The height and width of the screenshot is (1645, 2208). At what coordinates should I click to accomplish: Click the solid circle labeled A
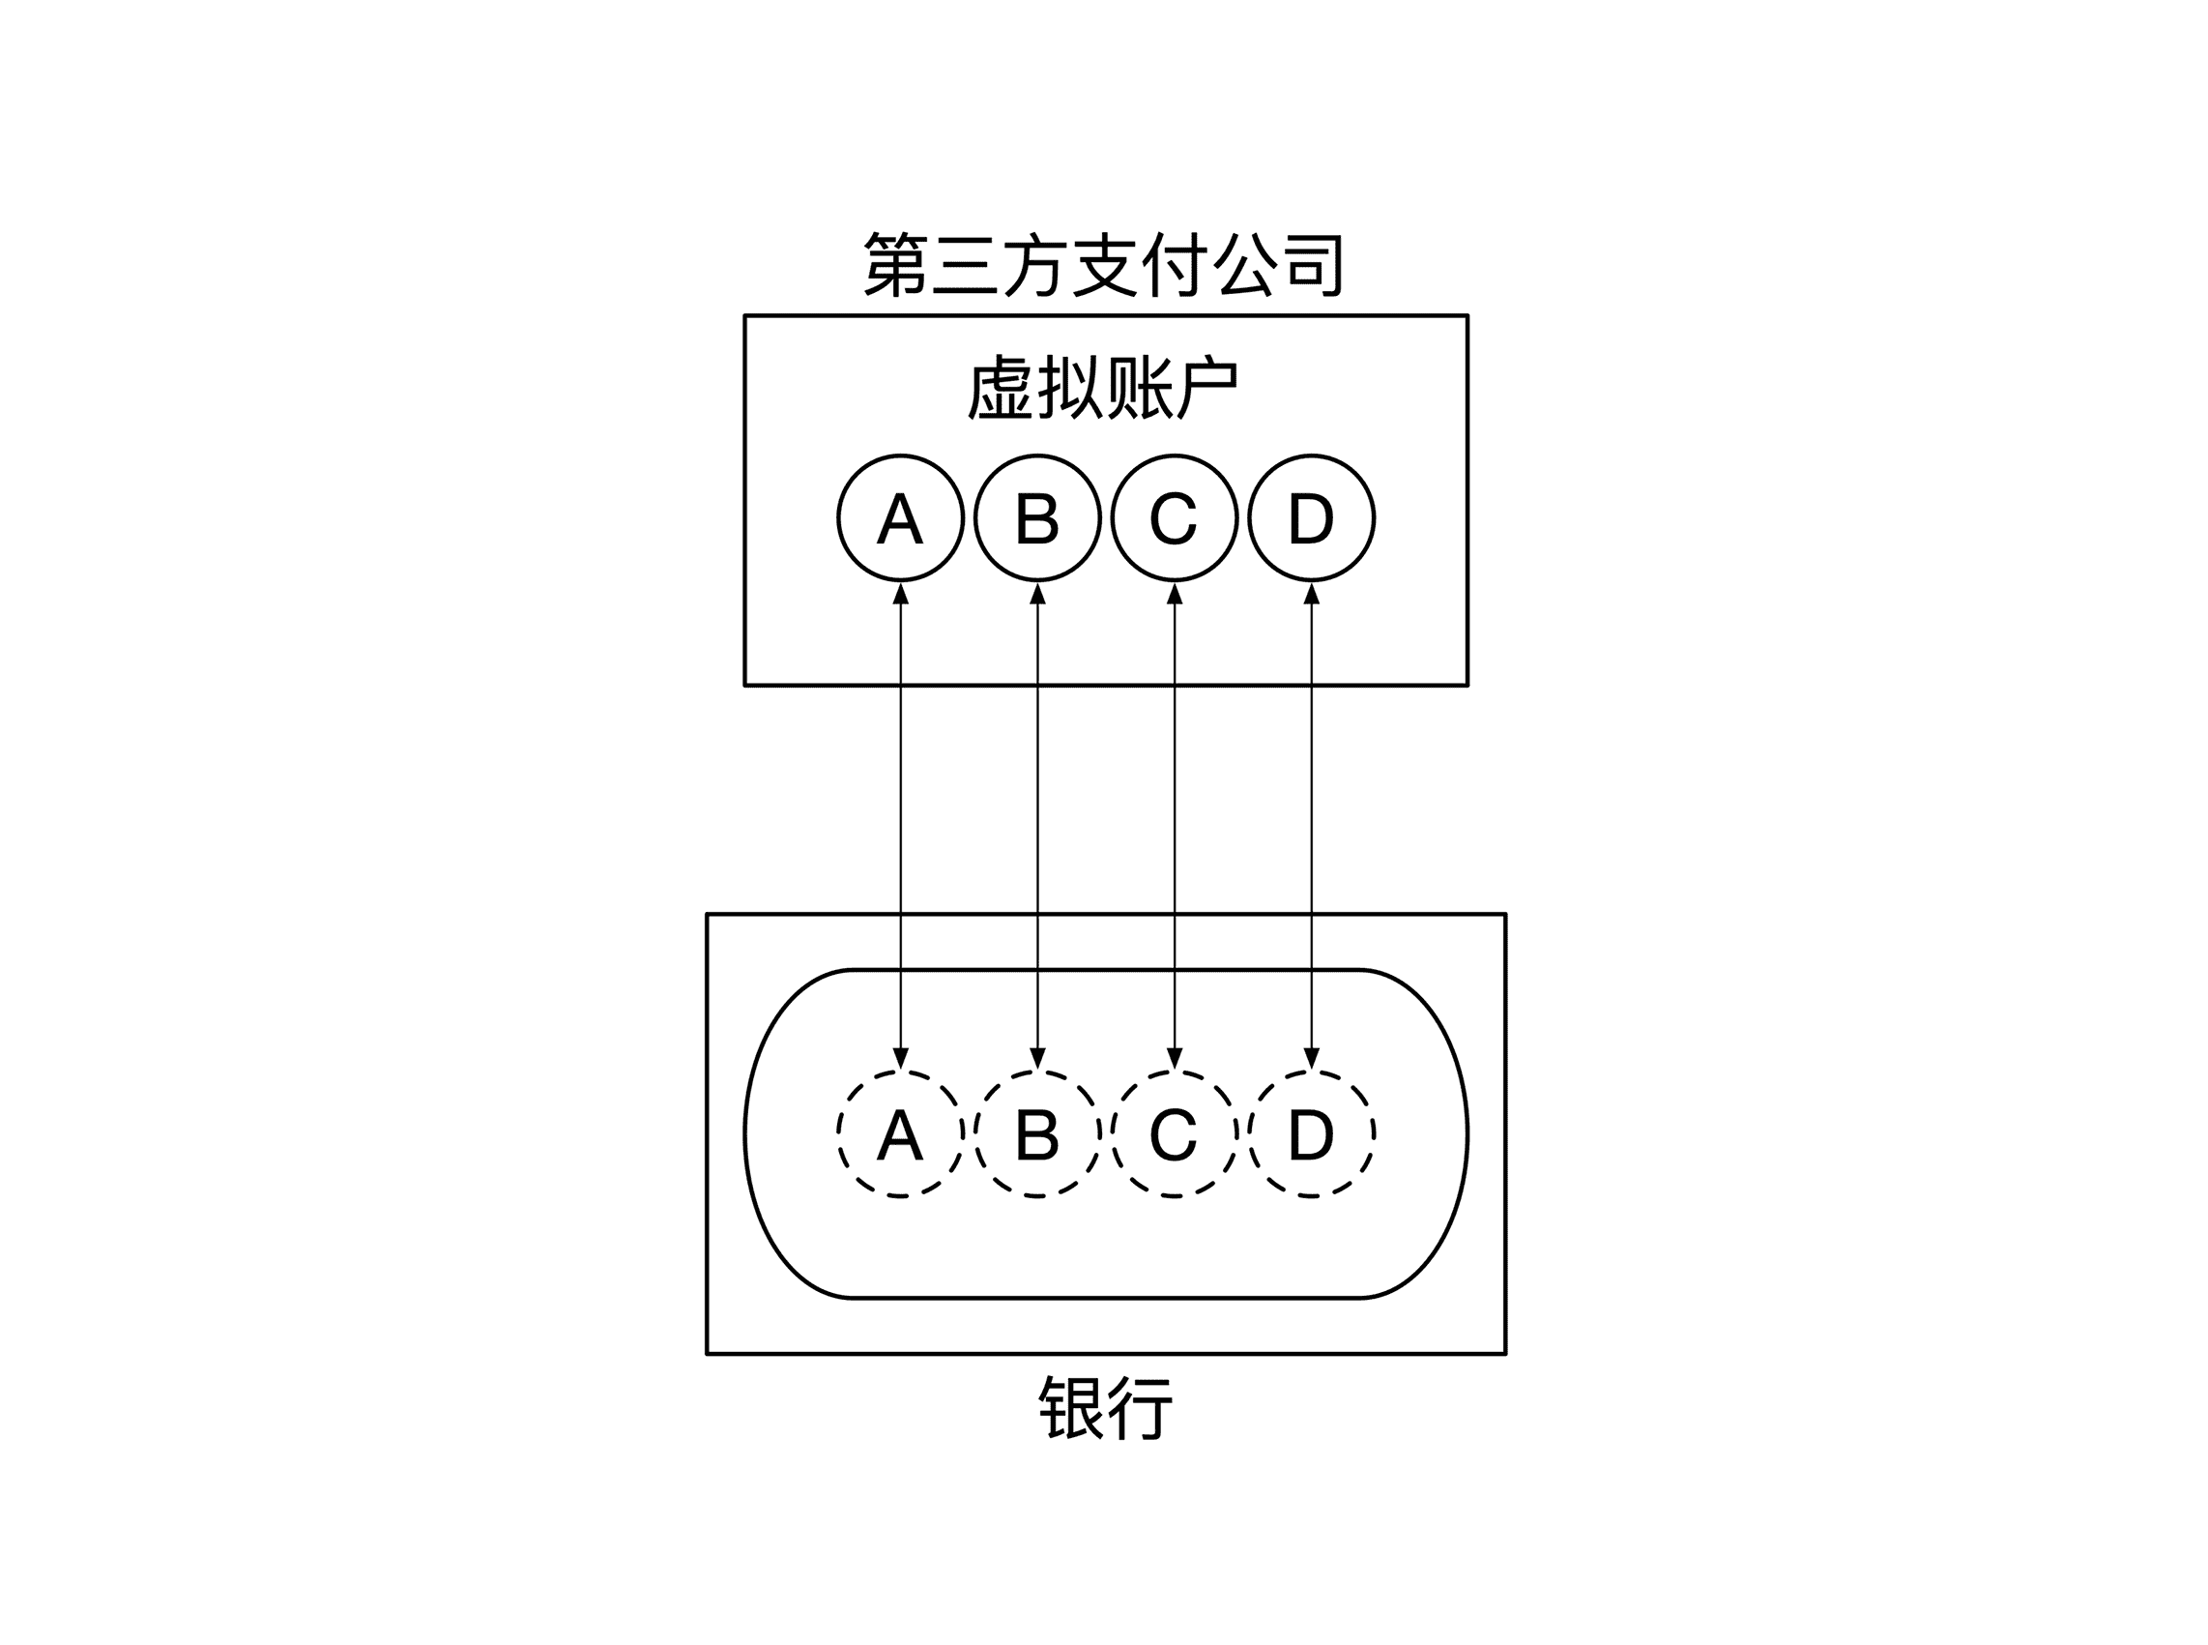tap(900, 517)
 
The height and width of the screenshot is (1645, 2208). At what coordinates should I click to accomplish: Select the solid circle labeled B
tap(1037, 517)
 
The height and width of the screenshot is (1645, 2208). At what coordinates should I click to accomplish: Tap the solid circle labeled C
tap(1174, 517)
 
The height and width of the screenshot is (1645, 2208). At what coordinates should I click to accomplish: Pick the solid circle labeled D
tap(1311, 517)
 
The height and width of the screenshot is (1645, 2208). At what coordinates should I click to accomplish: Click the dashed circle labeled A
tap(900, 1133)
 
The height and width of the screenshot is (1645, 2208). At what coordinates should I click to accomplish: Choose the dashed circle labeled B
tap(1037, 1133)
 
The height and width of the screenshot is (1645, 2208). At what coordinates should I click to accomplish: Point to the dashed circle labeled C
tap(1174, 1133)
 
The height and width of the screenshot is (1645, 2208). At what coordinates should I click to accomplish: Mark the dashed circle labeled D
tap(1311, 1133)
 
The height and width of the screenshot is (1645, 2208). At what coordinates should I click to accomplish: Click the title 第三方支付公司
tap(1104, 265)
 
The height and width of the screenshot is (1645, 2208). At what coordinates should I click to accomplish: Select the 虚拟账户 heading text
tap(1104, 389)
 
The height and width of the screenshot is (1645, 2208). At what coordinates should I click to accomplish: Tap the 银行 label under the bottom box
tap(1105, 1408)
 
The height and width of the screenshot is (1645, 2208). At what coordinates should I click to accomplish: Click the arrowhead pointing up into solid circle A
tap(900, 594)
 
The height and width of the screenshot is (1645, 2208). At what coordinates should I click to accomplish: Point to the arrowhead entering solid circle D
tap(1311, 594)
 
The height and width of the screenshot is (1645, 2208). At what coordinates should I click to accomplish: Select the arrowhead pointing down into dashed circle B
tap(1037, 1058)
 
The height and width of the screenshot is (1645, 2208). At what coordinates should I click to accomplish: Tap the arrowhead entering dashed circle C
tap(1174, 1058)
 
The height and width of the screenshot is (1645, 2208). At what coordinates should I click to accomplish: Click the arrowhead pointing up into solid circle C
tap(1174, 594)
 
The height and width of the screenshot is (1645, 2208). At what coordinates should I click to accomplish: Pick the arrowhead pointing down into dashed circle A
tap(900, 1058)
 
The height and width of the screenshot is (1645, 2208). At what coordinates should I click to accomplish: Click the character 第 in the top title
tap(894, 265)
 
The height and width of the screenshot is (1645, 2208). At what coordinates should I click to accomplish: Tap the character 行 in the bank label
tap(1141, 1408)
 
